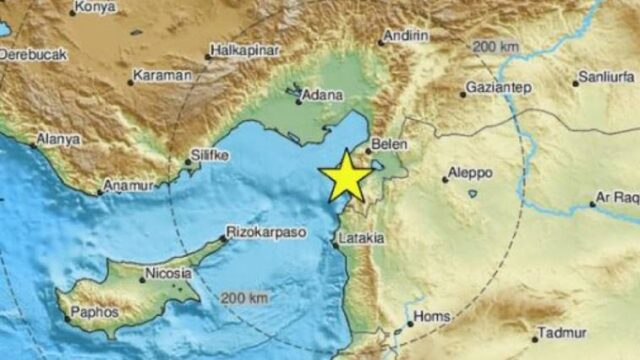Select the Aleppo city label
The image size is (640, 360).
[470, 173]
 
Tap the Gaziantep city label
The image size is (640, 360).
[498, 88]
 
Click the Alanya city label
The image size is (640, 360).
[58, 139]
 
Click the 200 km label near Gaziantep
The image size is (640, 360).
[497, 48]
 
